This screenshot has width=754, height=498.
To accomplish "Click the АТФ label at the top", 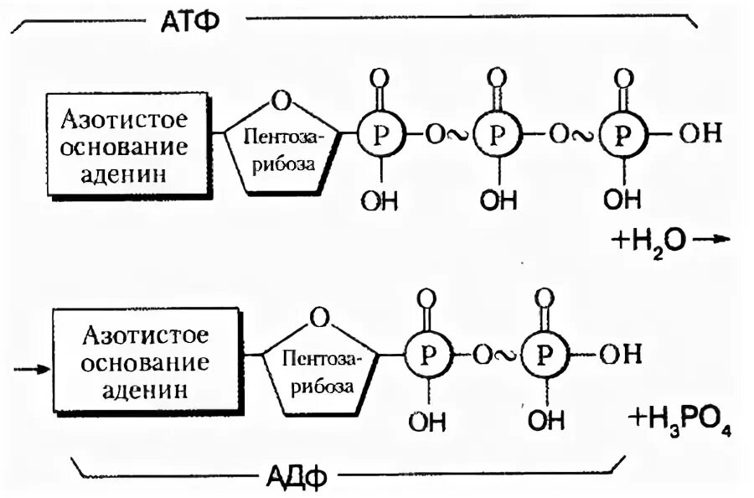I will pos(188,20).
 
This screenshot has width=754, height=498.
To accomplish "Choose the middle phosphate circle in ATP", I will pos(497,136).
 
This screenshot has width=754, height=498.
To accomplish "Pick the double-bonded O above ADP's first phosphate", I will pos(427,298).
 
